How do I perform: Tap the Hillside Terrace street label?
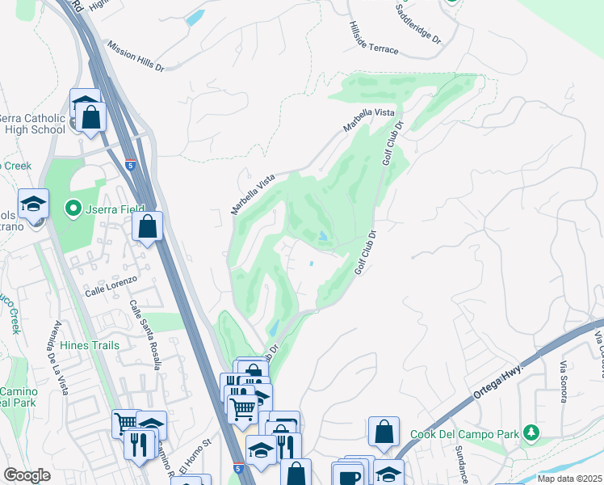point(374,37)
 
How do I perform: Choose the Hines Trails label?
point(90,345)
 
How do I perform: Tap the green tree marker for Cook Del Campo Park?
point(531,433)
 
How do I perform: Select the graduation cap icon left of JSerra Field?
point(34,204)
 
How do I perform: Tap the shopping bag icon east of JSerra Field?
point(148,227)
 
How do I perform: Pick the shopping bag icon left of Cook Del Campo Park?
point(384,432)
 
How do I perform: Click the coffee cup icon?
point(349,476)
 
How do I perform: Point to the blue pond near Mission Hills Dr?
point(195,19)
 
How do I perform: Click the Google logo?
point(27,475)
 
